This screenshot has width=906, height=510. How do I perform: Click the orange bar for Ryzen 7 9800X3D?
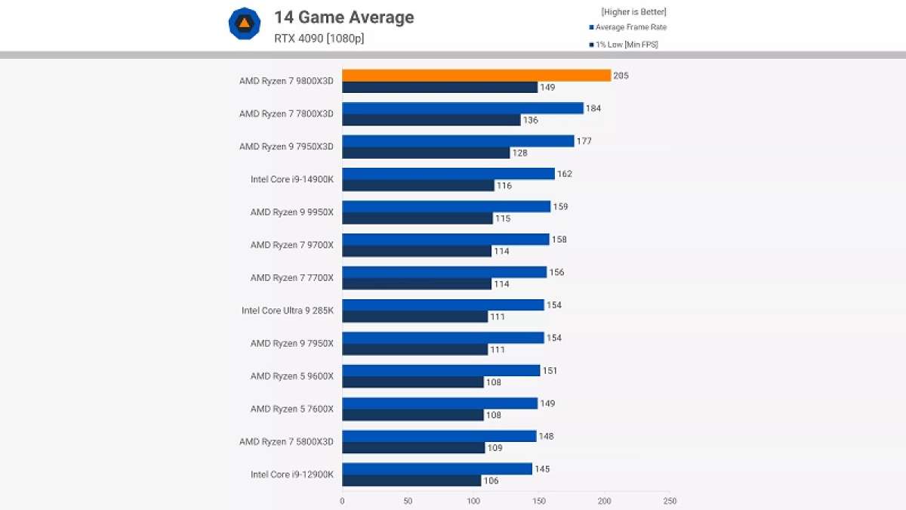476,76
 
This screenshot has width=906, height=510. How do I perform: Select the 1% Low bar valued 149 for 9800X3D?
439,88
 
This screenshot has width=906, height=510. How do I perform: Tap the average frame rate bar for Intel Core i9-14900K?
448,174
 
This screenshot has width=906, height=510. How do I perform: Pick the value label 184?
594,109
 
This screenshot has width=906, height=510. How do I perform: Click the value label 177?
584,141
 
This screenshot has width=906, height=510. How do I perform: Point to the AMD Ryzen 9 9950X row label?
291,212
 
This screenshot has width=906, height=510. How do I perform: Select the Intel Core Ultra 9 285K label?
287,311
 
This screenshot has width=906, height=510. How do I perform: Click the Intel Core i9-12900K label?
291,474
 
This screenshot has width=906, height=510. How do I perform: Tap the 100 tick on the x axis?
473,500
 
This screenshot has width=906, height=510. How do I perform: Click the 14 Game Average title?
344,17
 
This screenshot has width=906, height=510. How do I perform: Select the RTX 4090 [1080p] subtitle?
319,39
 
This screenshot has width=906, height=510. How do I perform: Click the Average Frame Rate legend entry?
630,27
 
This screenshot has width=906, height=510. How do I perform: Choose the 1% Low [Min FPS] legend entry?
626,45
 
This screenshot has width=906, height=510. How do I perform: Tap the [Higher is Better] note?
633,12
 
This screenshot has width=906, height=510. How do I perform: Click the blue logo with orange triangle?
245,24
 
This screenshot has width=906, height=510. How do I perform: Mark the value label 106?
492,481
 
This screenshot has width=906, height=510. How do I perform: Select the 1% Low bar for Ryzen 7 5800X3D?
413,448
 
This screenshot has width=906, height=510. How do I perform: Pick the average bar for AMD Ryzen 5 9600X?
441,370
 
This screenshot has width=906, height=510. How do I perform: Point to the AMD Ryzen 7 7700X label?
291,278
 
